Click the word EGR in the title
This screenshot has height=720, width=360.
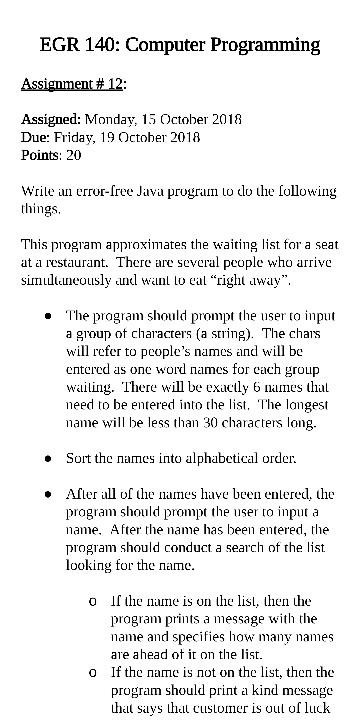point(59,45)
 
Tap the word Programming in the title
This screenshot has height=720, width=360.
point(265,45)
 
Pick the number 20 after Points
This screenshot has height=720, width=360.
point(73,155)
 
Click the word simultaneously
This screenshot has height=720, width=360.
point(67,279)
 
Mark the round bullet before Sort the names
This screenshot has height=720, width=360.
point(48,459)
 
